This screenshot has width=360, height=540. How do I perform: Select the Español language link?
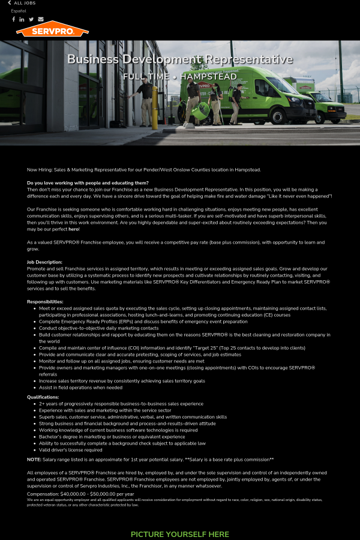coord(19,11)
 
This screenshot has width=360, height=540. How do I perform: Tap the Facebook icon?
coord(14,19)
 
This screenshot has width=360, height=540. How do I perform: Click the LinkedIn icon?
coord(22,19)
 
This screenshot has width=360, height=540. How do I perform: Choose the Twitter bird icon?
coord(31,19)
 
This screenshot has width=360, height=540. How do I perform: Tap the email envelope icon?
coord(41,19)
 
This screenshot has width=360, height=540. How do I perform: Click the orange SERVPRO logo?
coord(52,29)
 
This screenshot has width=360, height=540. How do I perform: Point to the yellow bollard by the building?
coord(154,107)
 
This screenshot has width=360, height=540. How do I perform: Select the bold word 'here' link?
coord(73,229)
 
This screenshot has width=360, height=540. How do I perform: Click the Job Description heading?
coord(44,262)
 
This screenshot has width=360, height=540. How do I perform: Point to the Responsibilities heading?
coord(45,302)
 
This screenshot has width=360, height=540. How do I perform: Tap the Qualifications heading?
coord(43,397)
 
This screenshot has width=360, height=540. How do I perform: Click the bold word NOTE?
coord(34,460)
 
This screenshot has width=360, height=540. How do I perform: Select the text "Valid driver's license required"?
coord(71,450)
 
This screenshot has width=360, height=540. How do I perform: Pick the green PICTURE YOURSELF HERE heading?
coord(180,534)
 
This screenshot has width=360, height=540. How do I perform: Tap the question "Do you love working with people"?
coord(88,183)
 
